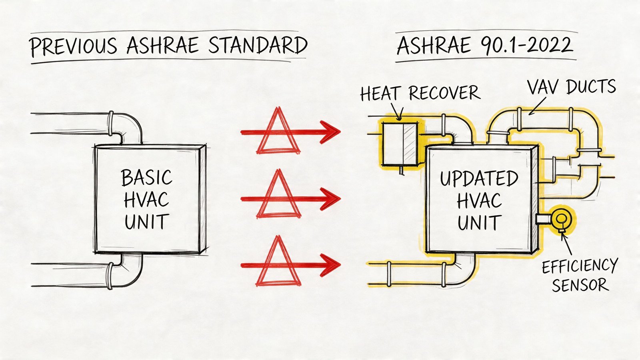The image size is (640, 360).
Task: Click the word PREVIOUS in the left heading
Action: [x=73, y=46]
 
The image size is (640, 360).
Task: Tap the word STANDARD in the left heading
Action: [x=258, y=45]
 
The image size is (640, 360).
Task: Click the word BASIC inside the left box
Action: [x=146, y=178]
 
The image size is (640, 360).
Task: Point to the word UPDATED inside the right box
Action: [x=479, y=179]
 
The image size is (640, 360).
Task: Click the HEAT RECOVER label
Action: [x=420, y=94]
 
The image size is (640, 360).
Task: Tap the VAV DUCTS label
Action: [x=571, y=87]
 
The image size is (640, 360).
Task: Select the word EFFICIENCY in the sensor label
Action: [x=580, y=266]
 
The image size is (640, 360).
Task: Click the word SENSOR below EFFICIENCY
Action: [x=580, y=285]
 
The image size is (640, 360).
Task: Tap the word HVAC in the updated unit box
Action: [x=479, y=201]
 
